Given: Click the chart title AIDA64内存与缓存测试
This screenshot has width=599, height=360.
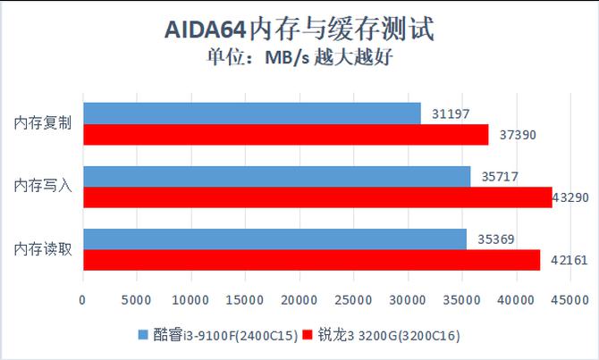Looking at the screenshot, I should [x=299, y=30].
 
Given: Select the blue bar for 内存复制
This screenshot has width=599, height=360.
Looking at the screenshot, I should [x=251, y=113].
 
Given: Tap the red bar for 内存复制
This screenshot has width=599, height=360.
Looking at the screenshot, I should [x=285, y=134].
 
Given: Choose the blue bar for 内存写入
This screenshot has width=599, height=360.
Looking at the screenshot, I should [x=276, y=177].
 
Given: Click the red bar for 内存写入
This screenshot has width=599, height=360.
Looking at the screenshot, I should [x=317, y=197].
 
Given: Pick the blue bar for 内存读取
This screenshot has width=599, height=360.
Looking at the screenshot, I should [x=274, y=239].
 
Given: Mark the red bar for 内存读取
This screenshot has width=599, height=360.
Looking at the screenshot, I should [x=311, y=260].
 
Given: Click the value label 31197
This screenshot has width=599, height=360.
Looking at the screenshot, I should [x=450, y=113].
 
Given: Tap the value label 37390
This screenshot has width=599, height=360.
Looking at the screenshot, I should [x=518, y=134].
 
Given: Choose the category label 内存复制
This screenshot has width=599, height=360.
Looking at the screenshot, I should [x=43, y=123].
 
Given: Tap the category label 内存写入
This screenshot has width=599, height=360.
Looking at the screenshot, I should [x=43, y=187].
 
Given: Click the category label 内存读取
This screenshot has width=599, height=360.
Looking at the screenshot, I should [x=43, y=249].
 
